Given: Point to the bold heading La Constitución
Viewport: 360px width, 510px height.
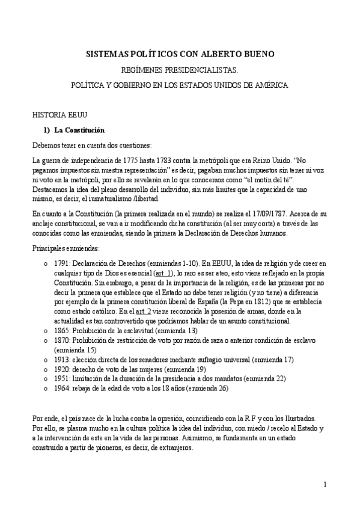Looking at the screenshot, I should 79,130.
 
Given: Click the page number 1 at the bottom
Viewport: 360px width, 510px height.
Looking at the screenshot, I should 325,485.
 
